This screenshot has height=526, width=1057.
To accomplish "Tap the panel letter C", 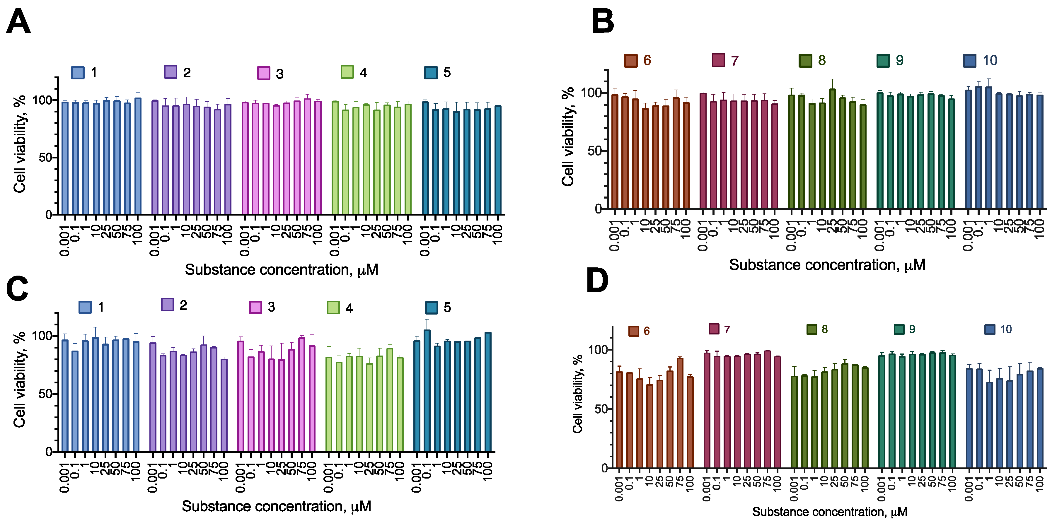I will point(17,288).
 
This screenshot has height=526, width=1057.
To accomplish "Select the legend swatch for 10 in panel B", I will point(969,61).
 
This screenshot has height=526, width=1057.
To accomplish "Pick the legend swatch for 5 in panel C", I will point(431,307).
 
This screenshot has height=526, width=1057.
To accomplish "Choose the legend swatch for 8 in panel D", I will point(811,329).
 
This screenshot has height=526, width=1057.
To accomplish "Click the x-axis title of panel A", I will point(282,269).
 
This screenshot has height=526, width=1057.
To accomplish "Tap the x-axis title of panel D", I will point(829,512).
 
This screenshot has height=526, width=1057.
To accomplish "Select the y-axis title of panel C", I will point(20,380).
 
